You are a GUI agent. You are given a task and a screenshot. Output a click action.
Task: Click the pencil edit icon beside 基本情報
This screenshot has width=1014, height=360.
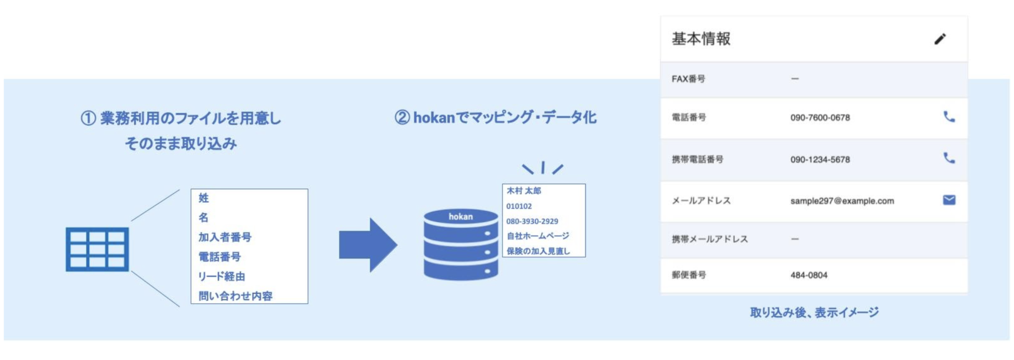(940, 39)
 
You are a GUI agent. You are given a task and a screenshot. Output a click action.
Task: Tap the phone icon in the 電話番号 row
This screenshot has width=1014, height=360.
(949, 117)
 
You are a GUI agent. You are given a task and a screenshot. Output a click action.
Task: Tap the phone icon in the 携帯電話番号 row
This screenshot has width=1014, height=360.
(949, 158)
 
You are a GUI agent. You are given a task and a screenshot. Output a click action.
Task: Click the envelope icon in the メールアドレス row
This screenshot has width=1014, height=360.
(949, 200)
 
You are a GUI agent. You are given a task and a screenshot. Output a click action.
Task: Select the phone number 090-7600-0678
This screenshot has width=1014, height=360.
(820, 118)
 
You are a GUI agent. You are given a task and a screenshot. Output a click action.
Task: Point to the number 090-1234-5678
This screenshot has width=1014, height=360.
(820, 159)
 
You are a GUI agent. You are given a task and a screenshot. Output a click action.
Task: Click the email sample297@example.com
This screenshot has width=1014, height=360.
(842, 201)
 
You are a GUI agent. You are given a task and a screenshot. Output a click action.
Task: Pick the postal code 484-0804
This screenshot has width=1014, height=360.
(808, 275)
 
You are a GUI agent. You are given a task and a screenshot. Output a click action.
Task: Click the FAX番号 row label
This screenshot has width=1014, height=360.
(688, 79)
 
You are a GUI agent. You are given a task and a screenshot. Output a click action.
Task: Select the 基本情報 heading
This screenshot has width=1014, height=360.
(701, 39)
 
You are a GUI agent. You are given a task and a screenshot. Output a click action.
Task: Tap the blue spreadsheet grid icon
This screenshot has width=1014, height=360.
(97, 249)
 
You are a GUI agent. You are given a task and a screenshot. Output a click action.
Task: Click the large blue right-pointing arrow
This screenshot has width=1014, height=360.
(368, 245)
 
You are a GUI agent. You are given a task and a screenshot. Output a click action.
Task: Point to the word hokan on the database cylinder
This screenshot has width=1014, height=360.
(460, 217)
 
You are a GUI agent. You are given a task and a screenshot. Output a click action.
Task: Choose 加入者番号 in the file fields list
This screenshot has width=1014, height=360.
(225, 237)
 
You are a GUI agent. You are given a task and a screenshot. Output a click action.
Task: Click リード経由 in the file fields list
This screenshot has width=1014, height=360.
(222, 276)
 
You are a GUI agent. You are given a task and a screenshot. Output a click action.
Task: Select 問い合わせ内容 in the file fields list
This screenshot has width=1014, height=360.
(235, 296)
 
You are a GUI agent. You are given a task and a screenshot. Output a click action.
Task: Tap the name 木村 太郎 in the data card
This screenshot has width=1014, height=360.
(523, 191)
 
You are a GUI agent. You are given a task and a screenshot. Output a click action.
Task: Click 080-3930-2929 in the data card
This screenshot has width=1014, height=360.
(532, 221)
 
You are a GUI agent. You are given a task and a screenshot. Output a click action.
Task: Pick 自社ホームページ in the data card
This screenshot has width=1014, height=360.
(538, 236)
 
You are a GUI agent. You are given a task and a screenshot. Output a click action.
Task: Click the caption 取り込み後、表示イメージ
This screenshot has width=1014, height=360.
(814, 313)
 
